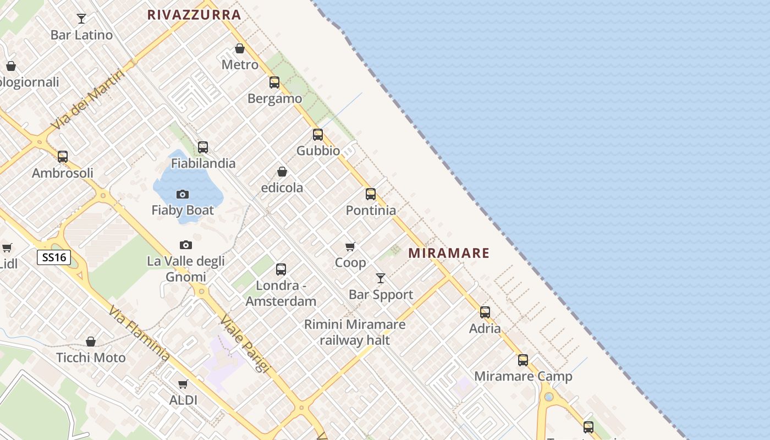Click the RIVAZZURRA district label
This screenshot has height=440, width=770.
pyautogui.click(x=194, y=15)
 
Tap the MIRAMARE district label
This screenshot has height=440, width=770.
pyautogui.click(x=449, y=253)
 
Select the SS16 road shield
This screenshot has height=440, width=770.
pyautogui.click(x=54, y=257)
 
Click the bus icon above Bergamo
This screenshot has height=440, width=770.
pyautogui.click(x=274, y=82)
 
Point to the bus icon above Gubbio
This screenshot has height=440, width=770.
pyautogui.click(x=318, y=135)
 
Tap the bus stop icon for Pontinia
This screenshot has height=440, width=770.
pyautogui.click(x=371, y=194)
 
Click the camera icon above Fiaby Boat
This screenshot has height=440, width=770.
pyautogui.click(x=183, y=194)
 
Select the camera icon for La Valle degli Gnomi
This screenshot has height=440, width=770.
pyautogui.click(x=186, y=245)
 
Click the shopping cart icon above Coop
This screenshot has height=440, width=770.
pyautogui.click(x=350, y=246)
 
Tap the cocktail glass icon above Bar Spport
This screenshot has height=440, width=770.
pyautogui.click(x=381, y=278)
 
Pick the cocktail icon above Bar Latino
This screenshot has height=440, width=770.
pyautogui.click(x=81, y=19)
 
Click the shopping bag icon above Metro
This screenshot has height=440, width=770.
pyautogui.click(x=240, y=48)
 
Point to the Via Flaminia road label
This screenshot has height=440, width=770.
pyautogui.click(x=139, y=334)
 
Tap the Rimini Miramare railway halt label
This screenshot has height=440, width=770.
pyautogui.click(x=355, y=332)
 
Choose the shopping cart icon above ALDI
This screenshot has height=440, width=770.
pyautogui.click(x=183, y=384)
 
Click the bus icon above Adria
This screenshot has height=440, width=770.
pyautogui.click(x=485, y=312)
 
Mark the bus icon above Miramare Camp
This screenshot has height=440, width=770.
pyautogui.click(x=523, y=360)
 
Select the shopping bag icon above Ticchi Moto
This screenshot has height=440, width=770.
pyautogui.click(x=91, y=342)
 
